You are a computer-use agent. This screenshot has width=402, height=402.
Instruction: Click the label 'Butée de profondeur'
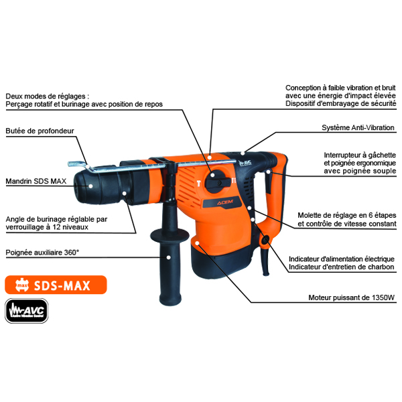(40, 131)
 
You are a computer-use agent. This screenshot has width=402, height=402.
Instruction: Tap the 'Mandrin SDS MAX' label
(36, 181)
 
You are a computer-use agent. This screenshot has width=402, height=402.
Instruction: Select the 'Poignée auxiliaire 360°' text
(42, 253)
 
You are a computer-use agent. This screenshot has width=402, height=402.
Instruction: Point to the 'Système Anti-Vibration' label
(358, 128)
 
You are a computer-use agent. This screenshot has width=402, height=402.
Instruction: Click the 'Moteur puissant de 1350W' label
(351, 297)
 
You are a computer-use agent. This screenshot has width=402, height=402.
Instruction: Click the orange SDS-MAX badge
(56, 285)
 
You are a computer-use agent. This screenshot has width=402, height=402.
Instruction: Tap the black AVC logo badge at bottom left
(27, 311)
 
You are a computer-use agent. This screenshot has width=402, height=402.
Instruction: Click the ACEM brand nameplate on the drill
(222, 203)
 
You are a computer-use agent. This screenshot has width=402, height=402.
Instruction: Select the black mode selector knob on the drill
(218, 182)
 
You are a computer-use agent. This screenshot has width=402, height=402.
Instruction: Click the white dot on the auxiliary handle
(168, 257)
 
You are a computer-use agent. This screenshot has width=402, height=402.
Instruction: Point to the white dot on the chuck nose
(90, 186)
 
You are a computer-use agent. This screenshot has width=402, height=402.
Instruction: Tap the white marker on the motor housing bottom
(197, 243)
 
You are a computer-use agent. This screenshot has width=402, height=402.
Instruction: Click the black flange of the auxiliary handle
(170, 235)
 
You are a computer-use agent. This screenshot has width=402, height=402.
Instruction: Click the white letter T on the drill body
(198, 184)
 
